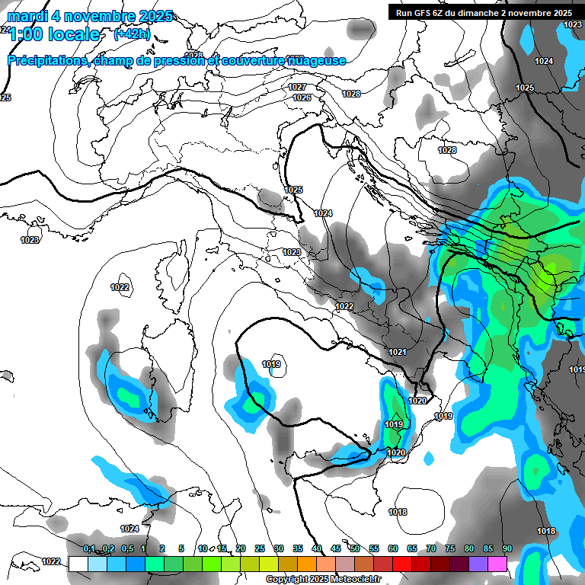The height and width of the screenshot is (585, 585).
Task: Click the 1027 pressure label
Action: pyautogui.click(x=298, y=88)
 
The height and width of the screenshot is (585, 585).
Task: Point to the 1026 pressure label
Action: pyautogui.click(x=302, y=97)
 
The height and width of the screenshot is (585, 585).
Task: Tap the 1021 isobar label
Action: pyautogui.click(x=397, y=352)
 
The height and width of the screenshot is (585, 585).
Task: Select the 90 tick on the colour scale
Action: pyautogui.click(x=507, y=548)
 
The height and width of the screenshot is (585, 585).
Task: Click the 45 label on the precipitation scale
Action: pyautogui.click(x=336, y=548)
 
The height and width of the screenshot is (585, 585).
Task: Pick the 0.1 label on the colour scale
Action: pyautogui.click(x=89, y=548)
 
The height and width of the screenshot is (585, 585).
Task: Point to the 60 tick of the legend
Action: pyautogui.click(x=393, y=548)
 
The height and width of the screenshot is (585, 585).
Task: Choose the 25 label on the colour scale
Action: pyautogui.click(x=260, y=548)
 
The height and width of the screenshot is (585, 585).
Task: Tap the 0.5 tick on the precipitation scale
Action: pyautogui.click(x=127, y=548)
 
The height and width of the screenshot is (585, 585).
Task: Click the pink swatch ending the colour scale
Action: pyautogui.click(x=497, y=564)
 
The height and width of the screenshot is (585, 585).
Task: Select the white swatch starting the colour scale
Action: pyautogui.click(x=78, y=564)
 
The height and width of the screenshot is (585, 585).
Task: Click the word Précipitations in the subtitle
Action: pyautogui.click(x=47, y=60)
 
